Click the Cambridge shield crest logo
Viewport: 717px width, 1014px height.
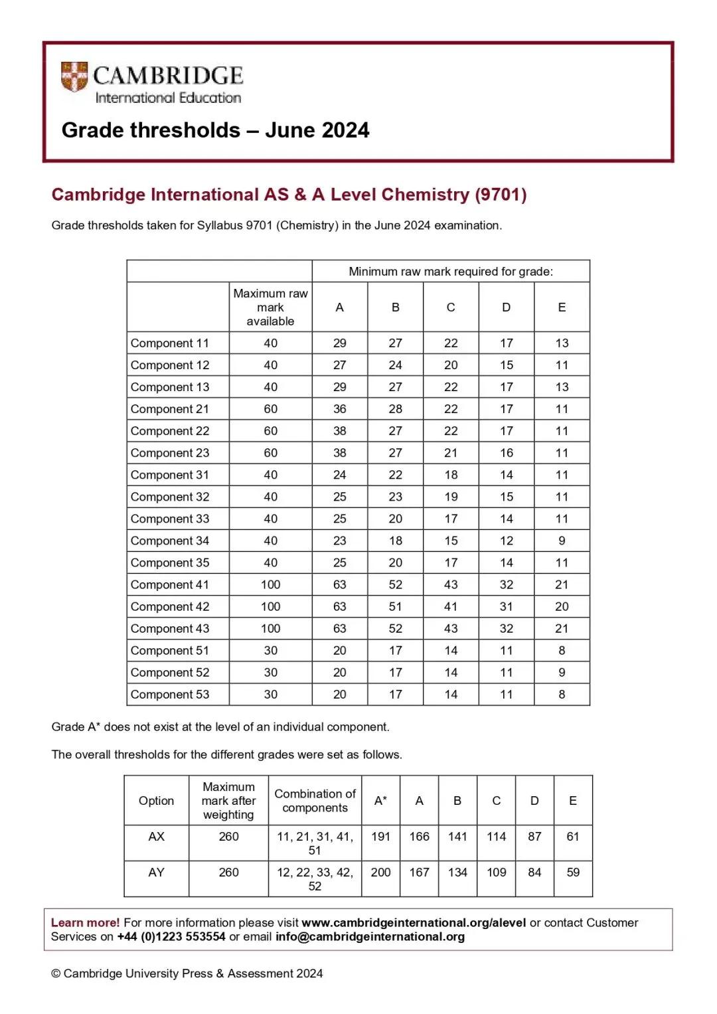point(74,77)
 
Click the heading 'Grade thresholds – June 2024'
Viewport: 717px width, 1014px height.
point(215,130)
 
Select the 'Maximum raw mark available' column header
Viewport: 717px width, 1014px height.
point(270,307)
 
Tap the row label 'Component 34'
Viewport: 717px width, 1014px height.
point(170,541)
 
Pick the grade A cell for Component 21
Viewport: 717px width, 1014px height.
point(340,409)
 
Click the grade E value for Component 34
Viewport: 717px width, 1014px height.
point(562,541)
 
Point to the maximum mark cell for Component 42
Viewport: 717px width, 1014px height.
point(270,606)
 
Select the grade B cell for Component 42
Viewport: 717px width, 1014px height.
point(396,606)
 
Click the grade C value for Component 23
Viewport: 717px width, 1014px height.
point(451,453)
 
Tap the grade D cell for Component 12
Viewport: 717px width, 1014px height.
point(507,365)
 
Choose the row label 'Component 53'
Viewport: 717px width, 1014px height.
point(170,695)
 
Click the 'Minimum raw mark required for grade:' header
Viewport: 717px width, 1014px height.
point(451,272)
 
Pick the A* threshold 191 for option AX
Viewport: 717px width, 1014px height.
point(380,837)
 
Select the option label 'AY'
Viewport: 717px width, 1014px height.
point(156,873)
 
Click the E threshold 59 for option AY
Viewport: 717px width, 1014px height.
point(573,873)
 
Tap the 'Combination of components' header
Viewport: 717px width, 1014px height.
point(315,801)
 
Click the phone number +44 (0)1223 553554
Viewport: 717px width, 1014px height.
point(171,937)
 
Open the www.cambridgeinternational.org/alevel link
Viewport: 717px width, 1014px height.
point(414,923)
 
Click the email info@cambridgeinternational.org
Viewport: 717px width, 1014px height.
point(370,937)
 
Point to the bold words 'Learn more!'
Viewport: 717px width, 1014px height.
point(85,923)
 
